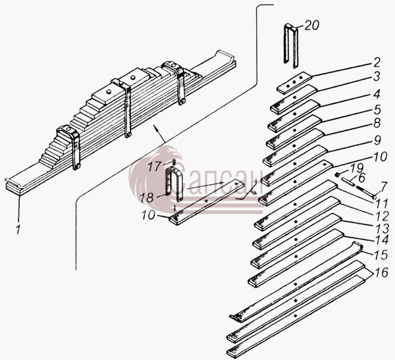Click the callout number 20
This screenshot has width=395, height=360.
[312, 25]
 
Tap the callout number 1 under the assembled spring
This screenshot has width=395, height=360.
[18, 230]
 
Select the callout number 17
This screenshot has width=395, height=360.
[154, 167]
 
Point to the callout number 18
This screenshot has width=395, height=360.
[147, 197]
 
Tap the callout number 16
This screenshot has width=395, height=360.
[381, 272]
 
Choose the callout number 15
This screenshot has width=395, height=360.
[381, 255]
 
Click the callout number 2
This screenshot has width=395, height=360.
[377, 63]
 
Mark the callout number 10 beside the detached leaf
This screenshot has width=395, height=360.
[148, 215]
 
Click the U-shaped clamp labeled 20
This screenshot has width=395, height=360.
[291, 46]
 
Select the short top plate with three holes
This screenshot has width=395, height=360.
[294, 83]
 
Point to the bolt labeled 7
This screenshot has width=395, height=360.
[365, 192]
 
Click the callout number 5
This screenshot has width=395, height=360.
[377, 110]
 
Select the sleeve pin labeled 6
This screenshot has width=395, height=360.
[348, 181]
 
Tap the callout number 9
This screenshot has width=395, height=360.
[377, 140]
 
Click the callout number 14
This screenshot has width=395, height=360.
[382, 240]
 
